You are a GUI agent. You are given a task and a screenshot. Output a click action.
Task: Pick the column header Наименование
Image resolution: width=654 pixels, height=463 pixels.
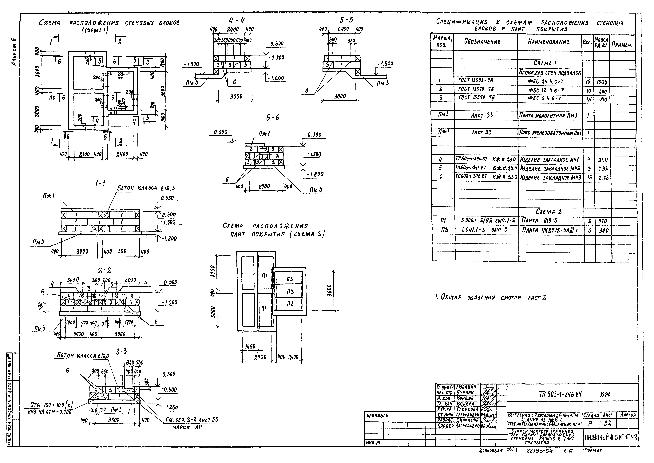point(548,42)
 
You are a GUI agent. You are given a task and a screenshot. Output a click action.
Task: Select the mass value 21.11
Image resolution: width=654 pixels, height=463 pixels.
point(603,160)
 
